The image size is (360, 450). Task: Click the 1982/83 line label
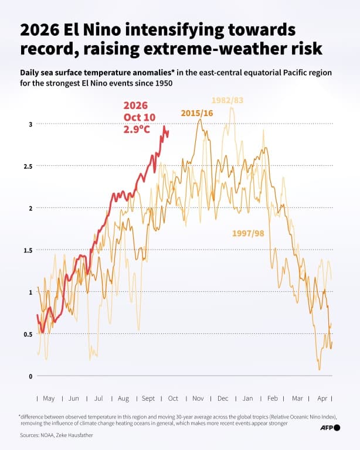pos(227,100)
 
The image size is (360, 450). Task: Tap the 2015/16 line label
pos(197,113)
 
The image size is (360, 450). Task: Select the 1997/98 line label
pos(248,233)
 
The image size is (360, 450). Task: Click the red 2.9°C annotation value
pos(137,129)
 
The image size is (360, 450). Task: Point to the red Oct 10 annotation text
pos(140,117)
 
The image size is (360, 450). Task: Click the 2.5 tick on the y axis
pos(28,166)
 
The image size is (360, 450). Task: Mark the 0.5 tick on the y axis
pos(28,335)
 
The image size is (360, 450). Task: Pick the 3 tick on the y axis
pos(30,124)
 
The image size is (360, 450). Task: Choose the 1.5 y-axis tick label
pos(28,250)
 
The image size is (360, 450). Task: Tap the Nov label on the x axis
pos(198,398)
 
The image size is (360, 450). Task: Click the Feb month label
pos(273,398)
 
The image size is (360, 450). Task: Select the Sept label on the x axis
pos(148,398)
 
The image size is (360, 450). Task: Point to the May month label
pos(49,398)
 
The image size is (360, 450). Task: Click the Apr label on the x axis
pos(322,398)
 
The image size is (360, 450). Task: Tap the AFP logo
pos(330,428)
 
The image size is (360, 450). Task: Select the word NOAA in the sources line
pos(47,435)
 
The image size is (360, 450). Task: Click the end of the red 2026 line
pos(168,131)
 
